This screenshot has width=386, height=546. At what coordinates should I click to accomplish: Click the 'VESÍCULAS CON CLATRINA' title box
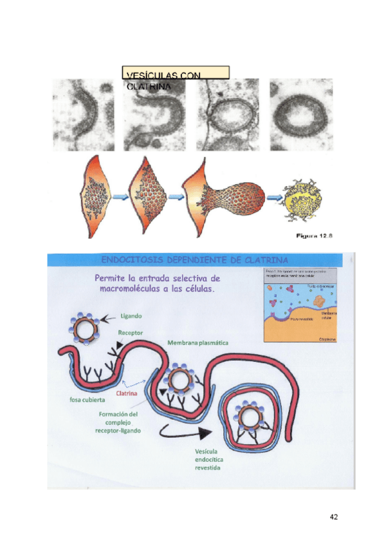coord(175,72)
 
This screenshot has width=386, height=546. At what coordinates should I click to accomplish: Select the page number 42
coord(333,517)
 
